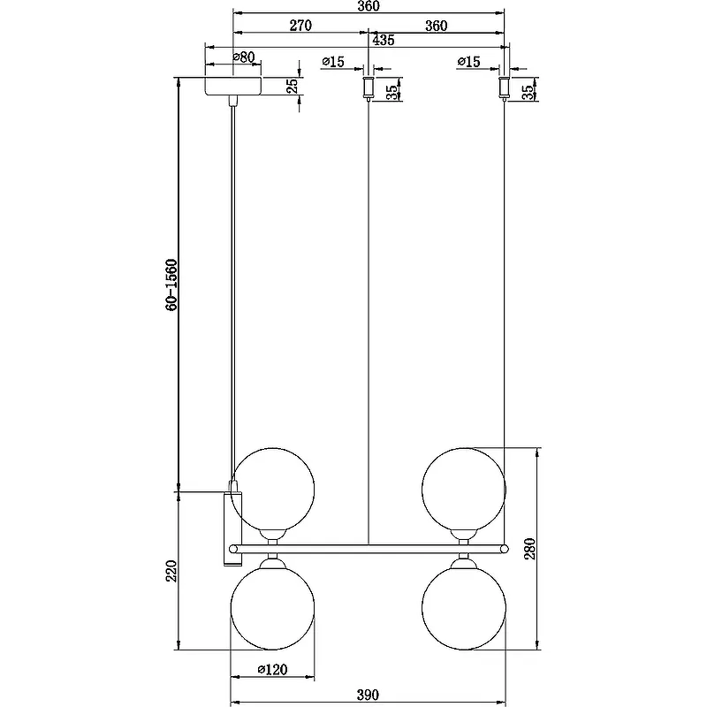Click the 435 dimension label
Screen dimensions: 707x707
point(384,40)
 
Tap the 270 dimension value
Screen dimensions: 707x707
point(300,26)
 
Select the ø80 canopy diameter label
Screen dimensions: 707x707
point(244,57)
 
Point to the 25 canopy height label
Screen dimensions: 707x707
point(293,86)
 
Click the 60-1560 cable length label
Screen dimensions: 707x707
point(171,285)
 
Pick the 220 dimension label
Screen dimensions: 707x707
point(171,571)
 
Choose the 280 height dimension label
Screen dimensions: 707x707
point(530,549)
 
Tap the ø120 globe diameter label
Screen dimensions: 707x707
point(272,670)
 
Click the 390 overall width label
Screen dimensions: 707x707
point(368,695)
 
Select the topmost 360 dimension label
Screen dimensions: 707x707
point(369,6)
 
